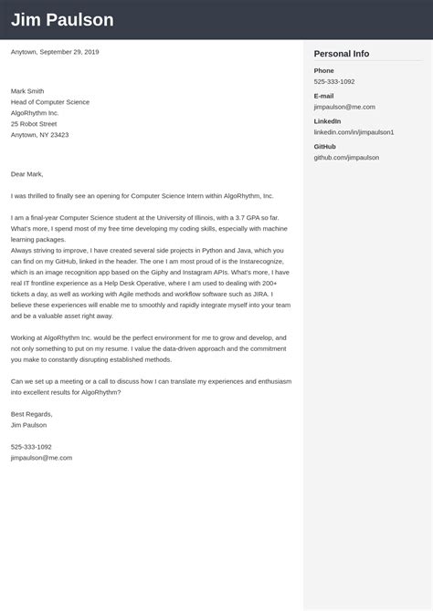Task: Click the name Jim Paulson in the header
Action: (62, 20)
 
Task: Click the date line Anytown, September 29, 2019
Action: (55, 52)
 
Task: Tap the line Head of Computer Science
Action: (50, 102)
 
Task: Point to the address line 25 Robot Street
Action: (34, 123)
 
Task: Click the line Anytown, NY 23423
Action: (39, 134)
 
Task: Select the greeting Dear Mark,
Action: (27, 173)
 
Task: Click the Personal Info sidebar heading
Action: (342, 54)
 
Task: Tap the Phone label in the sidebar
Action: (323, 70)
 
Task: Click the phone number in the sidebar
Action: (334, 82)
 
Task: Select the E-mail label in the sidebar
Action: (323, 96)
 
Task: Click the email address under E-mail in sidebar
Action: (344, 107)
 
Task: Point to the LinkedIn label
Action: (327, 121)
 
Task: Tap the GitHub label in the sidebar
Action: (324, 146)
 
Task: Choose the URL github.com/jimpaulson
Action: (346, 157)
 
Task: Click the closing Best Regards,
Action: (32, 414)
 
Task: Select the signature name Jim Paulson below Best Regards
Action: (29, 425)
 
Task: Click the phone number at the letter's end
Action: (31, 447)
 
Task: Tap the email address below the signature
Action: (41, 458)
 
